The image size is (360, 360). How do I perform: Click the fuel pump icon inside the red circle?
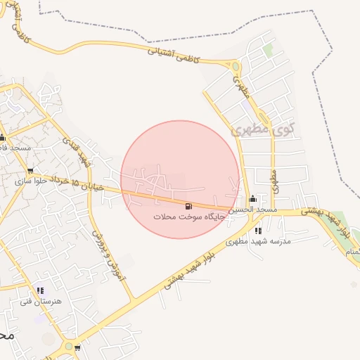pos(188,206)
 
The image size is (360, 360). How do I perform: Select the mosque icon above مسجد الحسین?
pos(252,199)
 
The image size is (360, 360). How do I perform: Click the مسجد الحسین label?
pos(257,210)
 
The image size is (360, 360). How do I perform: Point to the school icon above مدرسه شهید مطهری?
pos(258,230)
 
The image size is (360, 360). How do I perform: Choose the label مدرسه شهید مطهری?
pos(258,241)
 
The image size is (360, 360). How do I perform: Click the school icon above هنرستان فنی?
pos(39,290)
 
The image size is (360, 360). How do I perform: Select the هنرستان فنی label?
pos(41,301)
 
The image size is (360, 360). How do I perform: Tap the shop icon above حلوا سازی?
pos(30,171)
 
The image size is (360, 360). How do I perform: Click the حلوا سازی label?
pos(29,181)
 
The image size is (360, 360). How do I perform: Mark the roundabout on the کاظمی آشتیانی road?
pos(236,67)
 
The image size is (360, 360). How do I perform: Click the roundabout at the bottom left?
pos(69,347)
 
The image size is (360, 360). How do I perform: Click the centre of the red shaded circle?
pos(180,179)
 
